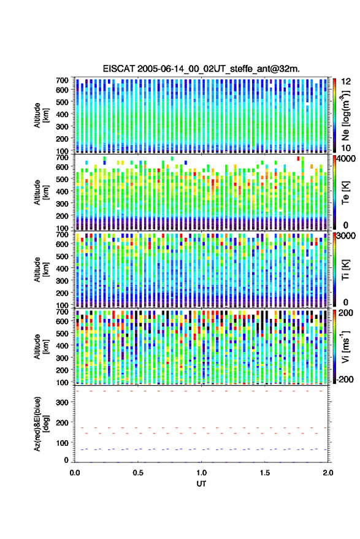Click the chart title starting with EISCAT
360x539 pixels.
[x=201, y=69]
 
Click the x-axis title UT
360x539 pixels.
[x=201, y=484]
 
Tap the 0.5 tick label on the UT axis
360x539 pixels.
[x=138, y=473]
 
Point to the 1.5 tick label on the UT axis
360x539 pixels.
[x=265, y=473]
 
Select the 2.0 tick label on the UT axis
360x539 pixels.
[x=328, y=473]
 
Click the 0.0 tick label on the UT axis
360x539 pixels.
[x=75, y=473]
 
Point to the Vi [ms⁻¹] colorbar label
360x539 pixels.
[x=346, y=346]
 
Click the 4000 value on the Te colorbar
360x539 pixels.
[x=347, y=159]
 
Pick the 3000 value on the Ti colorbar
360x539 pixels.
[x=347, y=236]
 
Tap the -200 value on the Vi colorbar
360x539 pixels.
[x=345, y=379]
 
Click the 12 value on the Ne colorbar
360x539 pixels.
[x=346, y=82]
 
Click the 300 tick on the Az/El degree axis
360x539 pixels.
[x=62, y=402]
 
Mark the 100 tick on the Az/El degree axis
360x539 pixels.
[x=62, y=443]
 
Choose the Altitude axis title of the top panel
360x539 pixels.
[x=42, y=115]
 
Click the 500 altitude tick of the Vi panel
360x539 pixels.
[x=62, y=333]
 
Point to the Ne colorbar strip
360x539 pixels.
[x=334, y=115]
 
